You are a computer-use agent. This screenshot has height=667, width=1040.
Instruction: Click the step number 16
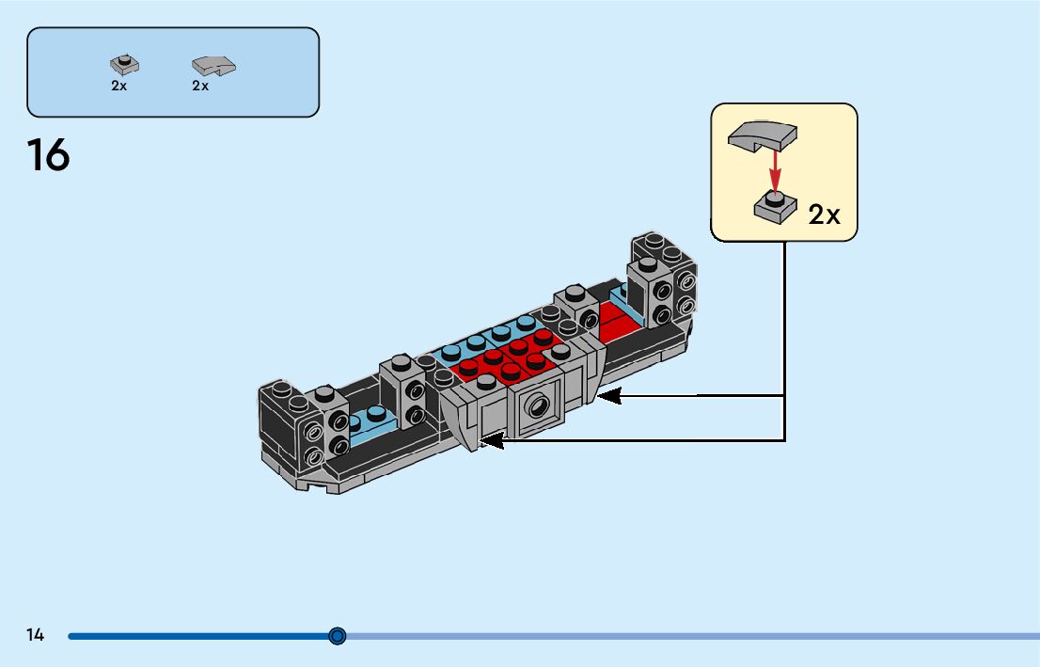pyautogui.click(x=48, y=155)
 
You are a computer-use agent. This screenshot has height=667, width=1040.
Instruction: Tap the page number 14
pyautogui.click(x=35, y=635)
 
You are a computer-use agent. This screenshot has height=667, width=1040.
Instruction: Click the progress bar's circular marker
pyautogui.click(x=338, y=636)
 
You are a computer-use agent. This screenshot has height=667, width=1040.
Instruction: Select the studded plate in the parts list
pyautogui.click(x=124, y=64)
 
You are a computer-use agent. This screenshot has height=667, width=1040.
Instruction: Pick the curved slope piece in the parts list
pyautogui.click(x=213, y=65)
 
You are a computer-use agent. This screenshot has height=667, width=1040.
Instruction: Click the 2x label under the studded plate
pyautogui.click(x=119, y=86)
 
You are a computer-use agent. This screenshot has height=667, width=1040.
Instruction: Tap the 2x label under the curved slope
pyautogui.click(x=200, y=86)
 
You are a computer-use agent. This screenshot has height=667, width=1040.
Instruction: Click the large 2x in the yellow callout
pyautogui.click(x=825, y=214)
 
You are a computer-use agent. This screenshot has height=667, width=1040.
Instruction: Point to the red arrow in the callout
pyautogui.click(x=775, y=170)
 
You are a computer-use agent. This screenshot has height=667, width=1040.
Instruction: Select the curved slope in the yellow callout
pyautogui.click(x=763, y=135)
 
